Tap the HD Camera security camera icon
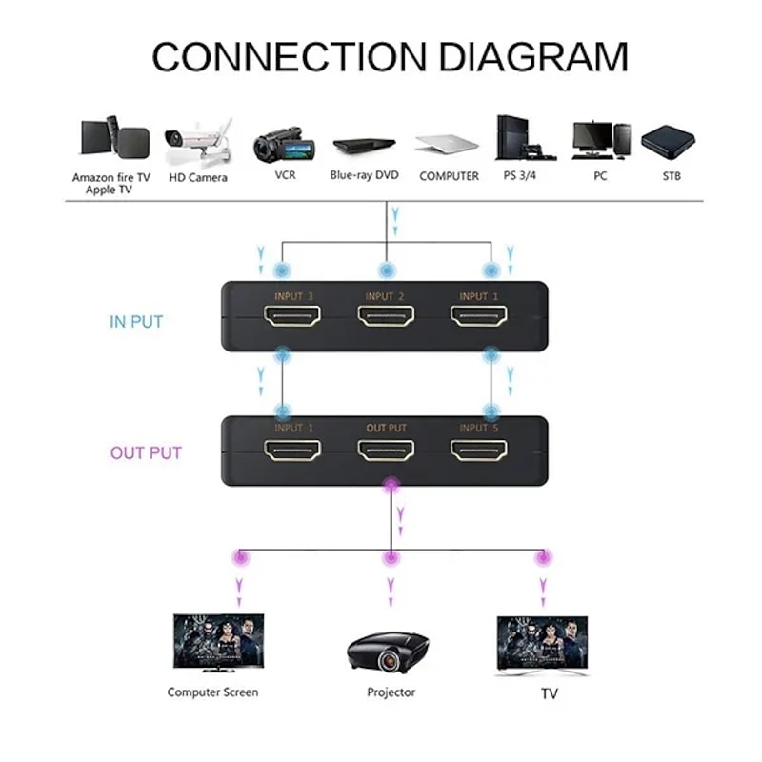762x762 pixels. [x=197, y=141]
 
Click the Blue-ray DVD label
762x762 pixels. [x=364, y=175]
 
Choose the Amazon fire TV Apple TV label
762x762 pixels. [x=111, y=183]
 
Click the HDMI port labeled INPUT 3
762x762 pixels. [x=292, y=317]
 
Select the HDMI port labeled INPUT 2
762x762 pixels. [x=386, y=317]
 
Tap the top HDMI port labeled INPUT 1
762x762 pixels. [x=479, y=317]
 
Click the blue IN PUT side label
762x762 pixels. [x=136, y=322]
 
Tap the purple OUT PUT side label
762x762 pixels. [x=146, y=452]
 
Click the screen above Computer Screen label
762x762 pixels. [x=218, y=640]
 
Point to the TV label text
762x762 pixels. [x=549, y=694]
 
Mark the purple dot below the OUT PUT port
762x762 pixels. [x=389, y=488]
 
